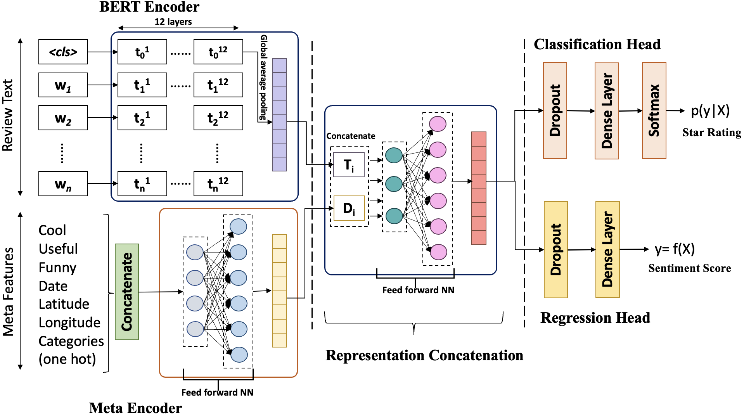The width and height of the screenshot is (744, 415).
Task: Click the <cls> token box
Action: (63, 52)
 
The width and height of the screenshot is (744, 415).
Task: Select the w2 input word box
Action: (63, 118)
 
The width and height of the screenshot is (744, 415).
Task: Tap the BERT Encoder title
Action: (149, 7)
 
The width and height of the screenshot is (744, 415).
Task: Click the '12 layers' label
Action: (173, 22)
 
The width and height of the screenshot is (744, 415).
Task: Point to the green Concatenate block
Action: (127, 292)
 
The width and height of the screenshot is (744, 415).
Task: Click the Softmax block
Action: (654, 111)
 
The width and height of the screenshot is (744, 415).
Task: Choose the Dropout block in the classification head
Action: (555, 111)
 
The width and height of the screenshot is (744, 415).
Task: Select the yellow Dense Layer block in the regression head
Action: (607, 249)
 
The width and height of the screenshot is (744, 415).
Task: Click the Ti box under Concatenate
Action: (349, 165)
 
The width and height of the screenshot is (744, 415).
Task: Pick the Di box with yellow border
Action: (349, 208)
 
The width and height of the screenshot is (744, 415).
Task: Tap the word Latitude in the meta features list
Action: (64, 304)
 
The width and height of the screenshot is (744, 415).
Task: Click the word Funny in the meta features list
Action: (57, 268)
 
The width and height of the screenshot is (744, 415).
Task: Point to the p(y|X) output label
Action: (710, 111)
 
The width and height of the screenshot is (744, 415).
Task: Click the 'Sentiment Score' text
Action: (689, 268)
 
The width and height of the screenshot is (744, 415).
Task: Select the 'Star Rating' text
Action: (711, 132)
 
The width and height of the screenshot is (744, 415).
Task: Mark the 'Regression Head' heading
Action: (595, 318)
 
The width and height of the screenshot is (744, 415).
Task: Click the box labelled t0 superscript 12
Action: (218, 52)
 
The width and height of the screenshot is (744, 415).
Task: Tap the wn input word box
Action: (63, 184)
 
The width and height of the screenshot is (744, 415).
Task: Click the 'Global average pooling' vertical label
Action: (263, 78)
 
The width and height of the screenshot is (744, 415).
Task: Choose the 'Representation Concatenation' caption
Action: (424, 355)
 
